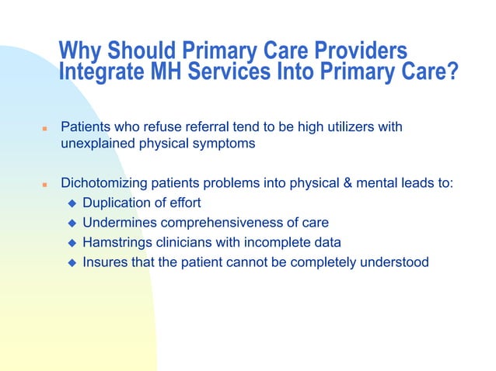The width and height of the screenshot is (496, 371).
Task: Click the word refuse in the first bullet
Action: pyautogui.click(x=159, y=127)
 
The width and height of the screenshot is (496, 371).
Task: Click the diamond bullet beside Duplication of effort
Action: pyautogui.click(x=71, y=204)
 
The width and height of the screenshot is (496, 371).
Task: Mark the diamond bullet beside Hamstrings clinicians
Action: pyautogui.click(x=71, y=243)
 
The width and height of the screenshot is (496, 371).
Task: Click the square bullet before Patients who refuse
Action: pyautogui.click(x=45, y=127)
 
